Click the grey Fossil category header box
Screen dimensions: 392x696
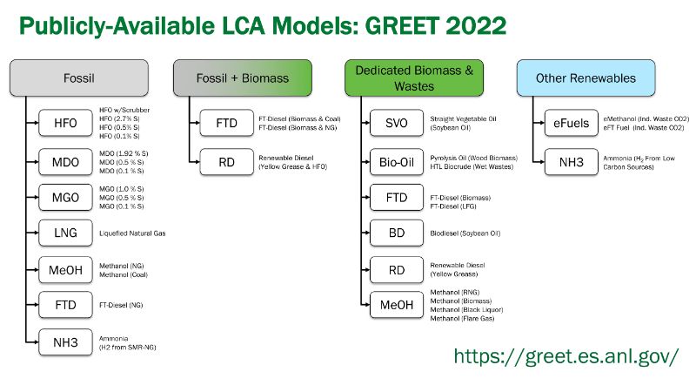click(79, 78)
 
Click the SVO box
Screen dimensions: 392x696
click(397, 123)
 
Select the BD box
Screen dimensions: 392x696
click(397, 233)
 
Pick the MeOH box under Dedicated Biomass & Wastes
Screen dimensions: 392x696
click(397, 305)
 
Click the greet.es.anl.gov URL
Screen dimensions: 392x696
click(566, 356)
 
